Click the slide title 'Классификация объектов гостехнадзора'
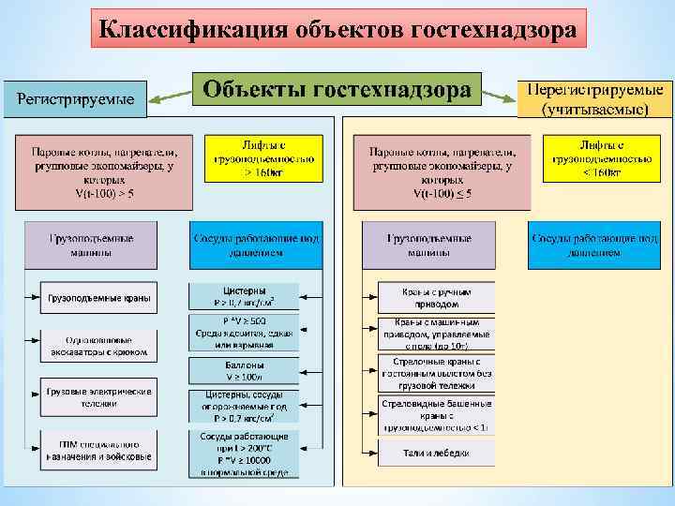[338, 29]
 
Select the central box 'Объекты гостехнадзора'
[337, 91]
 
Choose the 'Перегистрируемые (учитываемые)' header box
[593, 98]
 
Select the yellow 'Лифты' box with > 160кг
[263, 159]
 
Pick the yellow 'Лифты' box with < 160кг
[602, 159]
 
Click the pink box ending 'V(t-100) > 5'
[103, 172]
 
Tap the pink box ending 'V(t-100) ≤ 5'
[441, 172]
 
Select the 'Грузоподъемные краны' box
[98, 299]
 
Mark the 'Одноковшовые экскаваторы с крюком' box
[98, 345]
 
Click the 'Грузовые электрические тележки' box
[98, 396]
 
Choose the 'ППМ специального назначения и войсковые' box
[98, 450]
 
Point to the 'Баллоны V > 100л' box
[244, 370]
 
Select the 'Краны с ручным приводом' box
[436, 298]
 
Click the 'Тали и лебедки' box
[436, 454]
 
